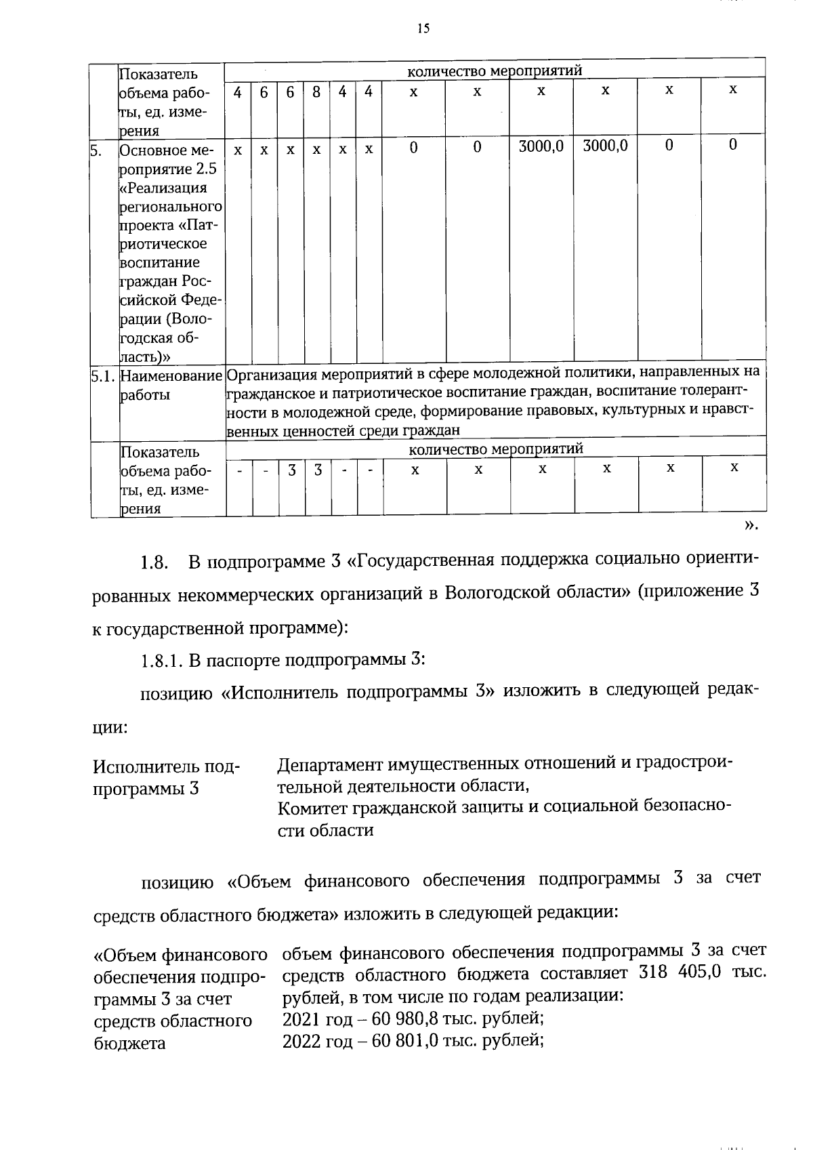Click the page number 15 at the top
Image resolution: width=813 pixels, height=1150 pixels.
coord(423,28)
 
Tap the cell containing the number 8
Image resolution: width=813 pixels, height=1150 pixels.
coord(316,91)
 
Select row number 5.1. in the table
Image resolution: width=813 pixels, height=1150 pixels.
coord(104,375)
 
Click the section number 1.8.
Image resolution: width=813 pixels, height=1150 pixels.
coord(153,562)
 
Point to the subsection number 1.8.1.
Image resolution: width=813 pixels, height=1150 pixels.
coord(161,660)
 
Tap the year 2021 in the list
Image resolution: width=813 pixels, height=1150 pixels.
coord(301,1018)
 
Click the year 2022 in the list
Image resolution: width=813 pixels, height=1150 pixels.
coord(301,1040)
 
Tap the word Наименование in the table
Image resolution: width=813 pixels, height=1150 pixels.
coord(171,375)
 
